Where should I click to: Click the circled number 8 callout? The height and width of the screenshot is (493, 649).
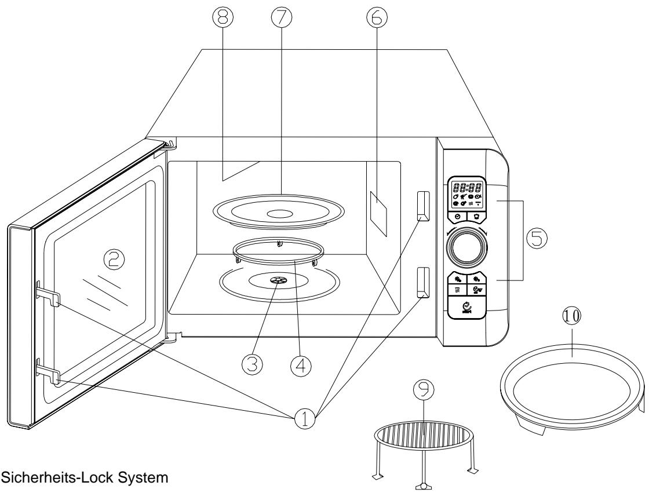coord(223,19)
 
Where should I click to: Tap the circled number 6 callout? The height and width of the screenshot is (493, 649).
coord(378,19)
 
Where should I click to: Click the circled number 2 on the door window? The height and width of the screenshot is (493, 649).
coord(114,262)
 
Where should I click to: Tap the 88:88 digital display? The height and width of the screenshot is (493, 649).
coord(468,188)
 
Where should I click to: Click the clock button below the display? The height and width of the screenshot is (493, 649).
coord(458,216)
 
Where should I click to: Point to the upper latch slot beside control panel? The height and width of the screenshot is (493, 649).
coord(422,206)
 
